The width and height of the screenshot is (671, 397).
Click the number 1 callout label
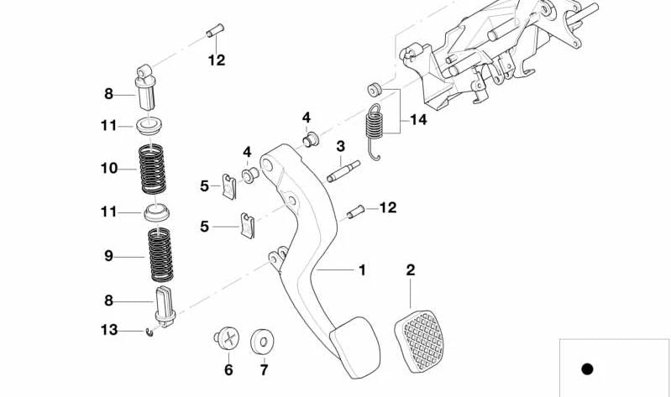(361, 270)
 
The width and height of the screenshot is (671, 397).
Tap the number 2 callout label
(410, 270)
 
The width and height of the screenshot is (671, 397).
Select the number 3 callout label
(340, 147)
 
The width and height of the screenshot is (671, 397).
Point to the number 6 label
(228, 369)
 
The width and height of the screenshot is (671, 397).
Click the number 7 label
(262, 369)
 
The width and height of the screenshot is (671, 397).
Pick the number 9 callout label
(108, 256)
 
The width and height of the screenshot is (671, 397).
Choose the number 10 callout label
(108, 168)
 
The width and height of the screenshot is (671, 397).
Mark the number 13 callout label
(108, 330)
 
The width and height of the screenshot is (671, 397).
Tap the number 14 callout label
(417, 120)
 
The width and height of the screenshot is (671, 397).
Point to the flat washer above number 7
(262, 342)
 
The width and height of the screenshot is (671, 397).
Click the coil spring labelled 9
(160, 255)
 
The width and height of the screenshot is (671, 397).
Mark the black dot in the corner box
(587, 368)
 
